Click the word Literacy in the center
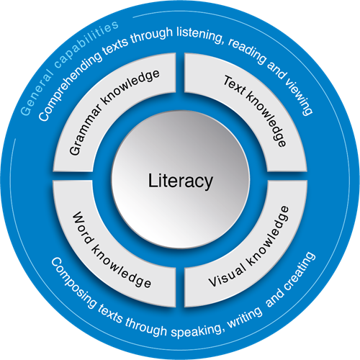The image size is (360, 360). pos(181,181)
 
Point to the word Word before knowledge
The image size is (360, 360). pos(83,228)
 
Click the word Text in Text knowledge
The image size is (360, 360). pos(235,86)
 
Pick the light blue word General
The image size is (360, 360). pos(37,95)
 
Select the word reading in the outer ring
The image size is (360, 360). pos(247,51)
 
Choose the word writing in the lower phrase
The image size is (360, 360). pos(245,318)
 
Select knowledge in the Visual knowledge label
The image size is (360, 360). pos(269,236)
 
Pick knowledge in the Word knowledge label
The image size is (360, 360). pos(121,266)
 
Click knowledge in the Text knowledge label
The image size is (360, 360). pos(266,120)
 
